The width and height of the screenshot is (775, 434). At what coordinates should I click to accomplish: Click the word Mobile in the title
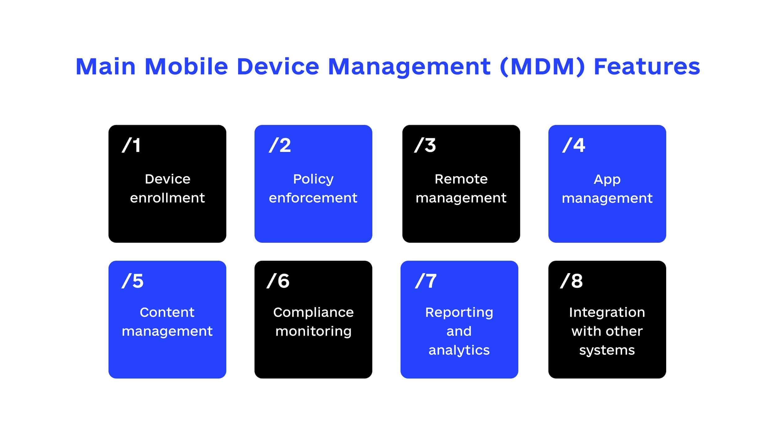tap(186, 66)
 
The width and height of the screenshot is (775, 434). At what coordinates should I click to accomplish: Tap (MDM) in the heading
tap(542, 67)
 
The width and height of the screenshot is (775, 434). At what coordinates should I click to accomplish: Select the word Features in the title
tap(647, 66)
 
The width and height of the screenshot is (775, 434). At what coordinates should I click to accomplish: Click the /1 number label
tap(131, 145)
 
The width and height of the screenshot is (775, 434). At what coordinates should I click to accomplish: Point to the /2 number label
tap(280, 145)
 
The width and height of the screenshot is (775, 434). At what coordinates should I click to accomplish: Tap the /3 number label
tap(425, 145)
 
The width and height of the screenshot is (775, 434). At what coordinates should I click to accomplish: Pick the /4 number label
tap(573, 145)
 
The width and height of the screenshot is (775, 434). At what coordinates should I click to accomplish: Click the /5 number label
tap(133, 281)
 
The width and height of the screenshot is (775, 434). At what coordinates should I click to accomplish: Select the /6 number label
tap(278, 281)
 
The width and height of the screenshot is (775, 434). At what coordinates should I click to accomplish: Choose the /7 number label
tap(426, 281)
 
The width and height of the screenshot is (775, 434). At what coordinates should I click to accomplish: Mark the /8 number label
tap(571, 281)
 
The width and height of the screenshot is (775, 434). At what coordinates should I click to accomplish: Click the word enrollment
tap(167, 198)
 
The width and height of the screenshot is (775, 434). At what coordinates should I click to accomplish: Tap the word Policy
tap(313, 179)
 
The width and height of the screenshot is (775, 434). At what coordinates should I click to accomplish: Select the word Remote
tap(461, 179)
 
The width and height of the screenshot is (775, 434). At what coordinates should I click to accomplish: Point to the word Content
tap(167, 312)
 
